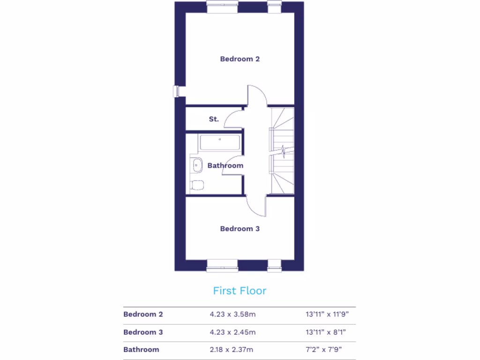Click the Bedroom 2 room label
click(x=240, y=59)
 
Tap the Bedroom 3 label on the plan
click(x=240, y=229)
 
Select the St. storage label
click(x=214, y=119)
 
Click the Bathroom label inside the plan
click(x=225, y=165)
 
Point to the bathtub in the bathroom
click(x=220, y=142)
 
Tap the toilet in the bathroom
click(x=197, y=185)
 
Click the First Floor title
click(x=240, y=291)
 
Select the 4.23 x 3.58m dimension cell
click(x=232, y=314)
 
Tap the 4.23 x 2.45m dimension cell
click(x=232, y=332)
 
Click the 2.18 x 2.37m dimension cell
click(x=232, y=349)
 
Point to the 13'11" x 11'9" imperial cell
click(x=327, y=314)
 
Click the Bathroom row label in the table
click(x=141, y=349)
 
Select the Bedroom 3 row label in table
click(x=143, y=332)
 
